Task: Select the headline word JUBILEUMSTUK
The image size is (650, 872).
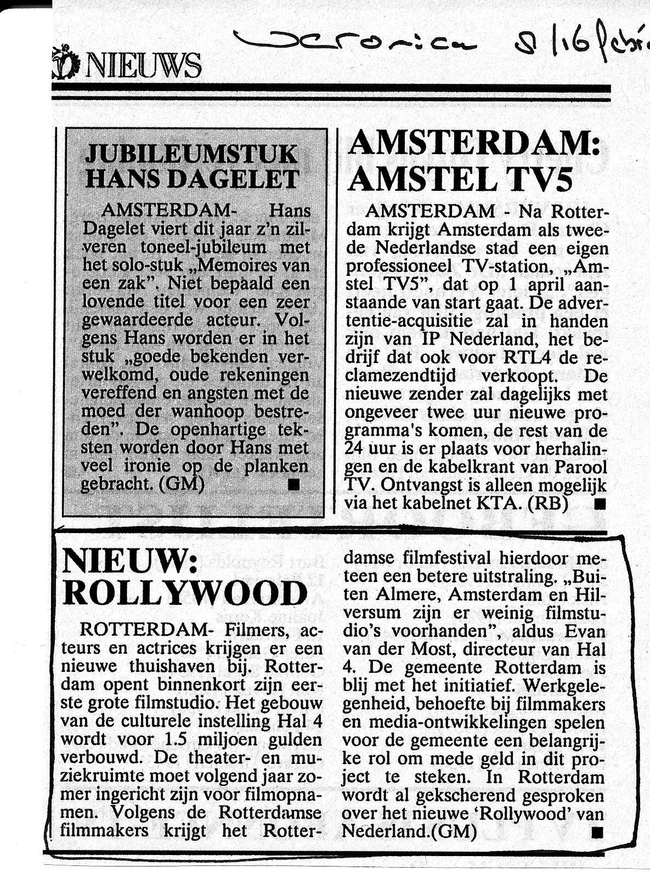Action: click(192, 154)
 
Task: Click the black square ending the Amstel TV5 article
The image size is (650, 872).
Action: click(600, 504)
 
